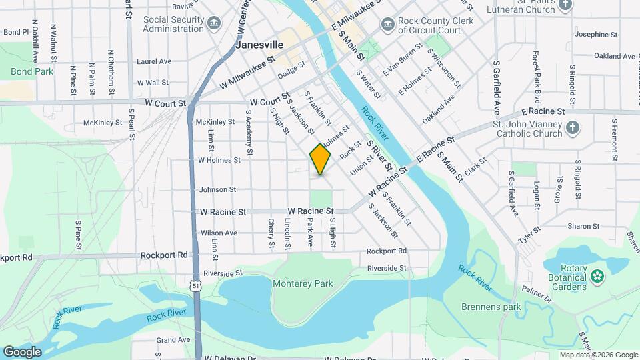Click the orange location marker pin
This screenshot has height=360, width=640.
click(x=320, y=159)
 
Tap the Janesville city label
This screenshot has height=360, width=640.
click(x=259, y=45)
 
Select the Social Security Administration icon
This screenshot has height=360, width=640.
click(x=213, y=25)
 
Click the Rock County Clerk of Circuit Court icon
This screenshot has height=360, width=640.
click(x=387, y=25)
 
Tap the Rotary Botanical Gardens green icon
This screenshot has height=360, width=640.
click(x=597, y=275)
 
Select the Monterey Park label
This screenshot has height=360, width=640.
click(x=303, y=283)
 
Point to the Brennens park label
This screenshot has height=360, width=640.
click(x=491, y=307)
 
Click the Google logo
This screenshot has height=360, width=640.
click(x=22, y=351)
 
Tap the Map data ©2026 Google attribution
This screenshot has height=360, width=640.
click(x=598, y=355)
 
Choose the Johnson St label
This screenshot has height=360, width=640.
click(x=217, y=190)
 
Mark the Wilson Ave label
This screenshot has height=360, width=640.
click(x=219, y=233)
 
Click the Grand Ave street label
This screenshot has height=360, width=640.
click(x=173, y=340)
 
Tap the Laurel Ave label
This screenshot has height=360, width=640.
click(x=154, y=61)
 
